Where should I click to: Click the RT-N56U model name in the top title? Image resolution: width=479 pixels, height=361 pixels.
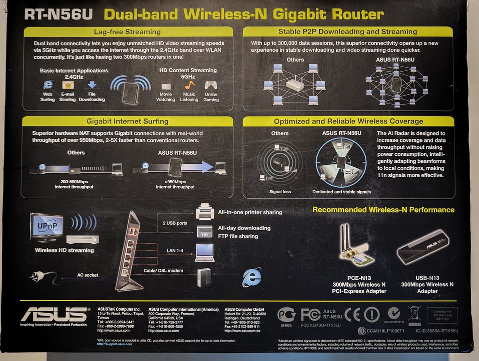58,14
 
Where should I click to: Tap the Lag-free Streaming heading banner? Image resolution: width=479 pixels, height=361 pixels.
127,32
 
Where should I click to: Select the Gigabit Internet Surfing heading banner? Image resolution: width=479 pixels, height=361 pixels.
127,121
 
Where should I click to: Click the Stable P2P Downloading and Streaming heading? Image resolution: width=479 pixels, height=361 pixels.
348,32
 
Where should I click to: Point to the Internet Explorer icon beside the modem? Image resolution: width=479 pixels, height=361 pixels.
251,277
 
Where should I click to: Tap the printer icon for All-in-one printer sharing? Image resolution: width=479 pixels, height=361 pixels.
205,212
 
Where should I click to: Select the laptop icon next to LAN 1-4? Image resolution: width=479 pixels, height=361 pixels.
205,252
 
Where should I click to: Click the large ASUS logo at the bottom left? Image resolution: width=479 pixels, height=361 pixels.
54,314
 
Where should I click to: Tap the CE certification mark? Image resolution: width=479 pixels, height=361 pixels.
352,314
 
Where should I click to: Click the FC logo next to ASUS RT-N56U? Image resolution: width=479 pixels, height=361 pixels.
310,314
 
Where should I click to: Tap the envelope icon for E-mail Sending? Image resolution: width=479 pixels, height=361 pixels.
67,85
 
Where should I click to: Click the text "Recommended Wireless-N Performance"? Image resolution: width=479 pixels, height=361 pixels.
383,210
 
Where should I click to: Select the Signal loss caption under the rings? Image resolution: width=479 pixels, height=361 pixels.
279,192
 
